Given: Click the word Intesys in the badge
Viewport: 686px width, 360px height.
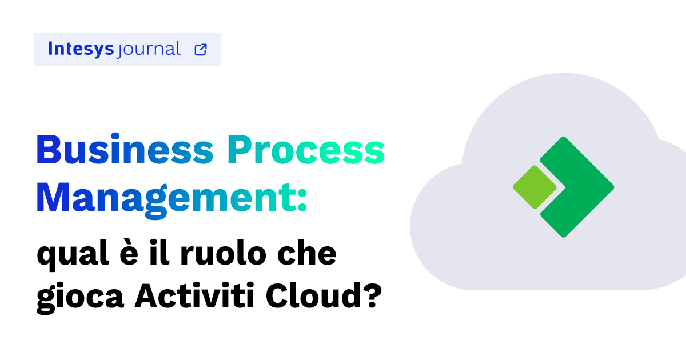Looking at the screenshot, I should pos(81,49).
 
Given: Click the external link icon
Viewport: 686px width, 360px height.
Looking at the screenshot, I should pos(201,50).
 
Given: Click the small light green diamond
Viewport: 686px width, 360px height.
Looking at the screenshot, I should pos(535,187).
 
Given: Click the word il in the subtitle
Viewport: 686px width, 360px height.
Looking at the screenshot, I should pos(163,254).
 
